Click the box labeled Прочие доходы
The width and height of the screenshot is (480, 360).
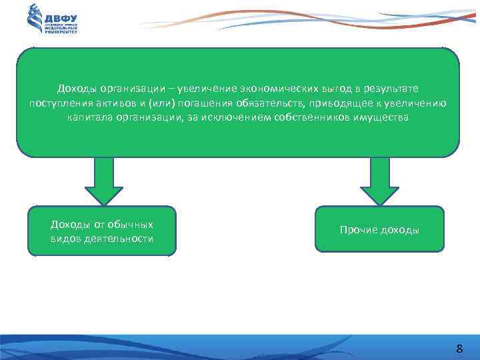coord(379,229)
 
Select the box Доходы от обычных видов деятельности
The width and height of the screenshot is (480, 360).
coord(102,231)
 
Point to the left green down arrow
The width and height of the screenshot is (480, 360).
coord(103,180)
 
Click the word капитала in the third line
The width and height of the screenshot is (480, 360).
coord(89,117)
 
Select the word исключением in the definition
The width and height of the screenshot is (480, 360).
coord(228,117)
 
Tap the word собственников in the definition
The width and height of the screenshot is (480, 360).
coord(299,117)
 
